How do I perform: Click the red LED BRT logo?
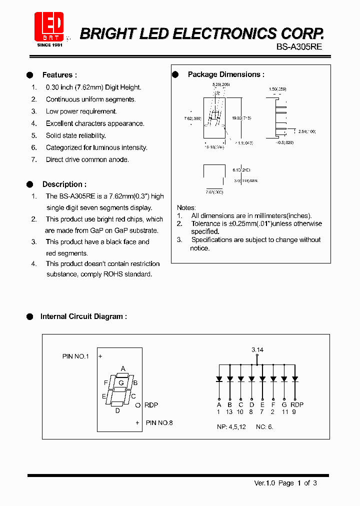click(48, 26)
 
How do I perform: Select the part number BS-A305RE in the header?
click(299, 45)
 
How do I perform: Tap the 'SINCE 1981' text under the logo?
click(49, 45)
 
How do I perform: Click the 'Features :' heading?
click(59, 75)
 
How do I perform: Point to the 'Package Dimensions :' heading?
click(226, 74)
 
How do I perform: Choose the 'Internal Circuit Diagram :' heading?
click(83, 316)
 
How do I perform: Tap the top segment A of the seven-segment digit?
click(122, 375)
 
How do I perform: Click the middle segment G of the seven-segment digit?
click(120, 389)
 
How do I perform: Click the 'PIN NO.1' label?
click(75, 356)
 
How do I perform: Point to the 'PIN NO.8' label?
click(159, 422)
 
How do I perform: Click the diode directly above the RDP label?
click(295, 379)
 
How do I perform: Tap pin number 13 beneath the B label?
click(229, 411)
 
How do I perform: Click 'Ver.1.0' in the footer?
click(264, 483)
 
